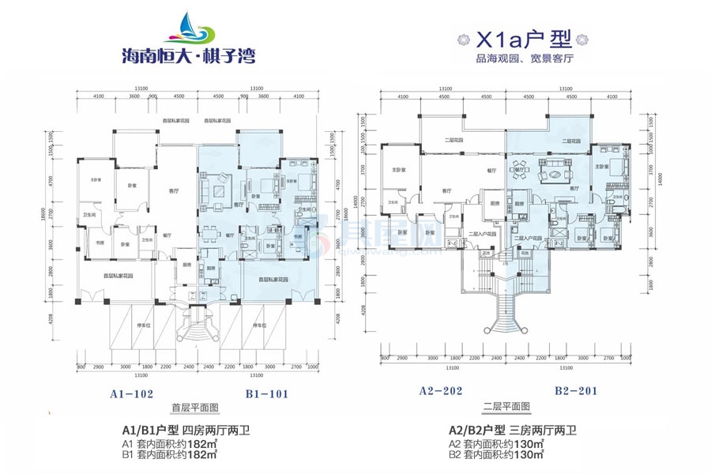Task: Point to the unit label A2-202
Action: pos(441,390)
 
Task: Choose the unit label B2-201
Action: pos(574,390)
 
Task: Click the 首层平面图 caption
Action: pos(195,408)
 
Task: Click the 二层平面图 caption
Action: pos(506,408)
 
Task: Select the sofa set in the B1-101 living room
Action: pos(218,190)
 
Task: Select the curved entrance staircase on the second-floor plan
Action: pos(506,308)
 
